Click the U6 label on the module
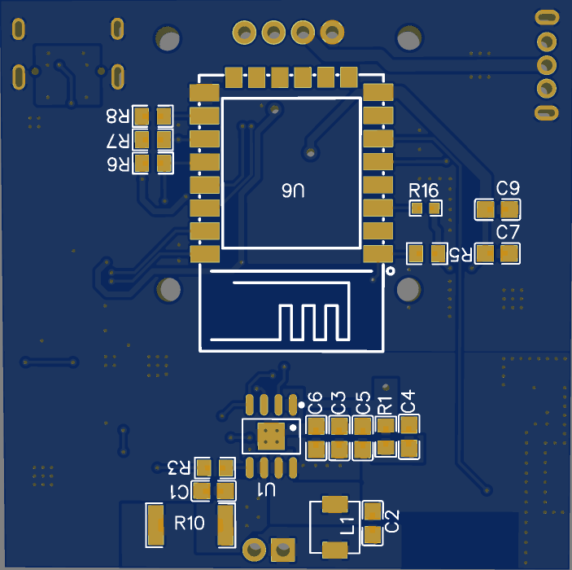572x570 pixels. point(293,192)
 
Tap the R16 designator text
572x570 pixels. point(424,191)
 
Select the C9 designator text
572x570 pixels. point(509,188)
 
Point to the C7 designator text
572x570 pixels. point(509,232)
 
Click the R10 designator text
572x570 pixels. point(190,523)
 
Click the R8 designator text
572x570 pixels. point(118,116)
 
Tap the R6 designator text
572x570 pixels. point(118,164)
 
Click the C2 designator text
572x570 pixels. point(392,521)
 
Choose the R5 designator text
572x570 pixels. point(461,254)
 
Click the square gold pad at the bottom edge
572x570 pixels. point(283,548)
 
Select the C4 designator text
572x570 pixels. point(408,401)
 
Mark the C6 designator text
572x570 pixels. point(315,402)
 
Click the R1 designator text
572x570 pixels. point(386,402)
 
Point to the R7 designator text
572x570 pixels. point(118,141)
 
